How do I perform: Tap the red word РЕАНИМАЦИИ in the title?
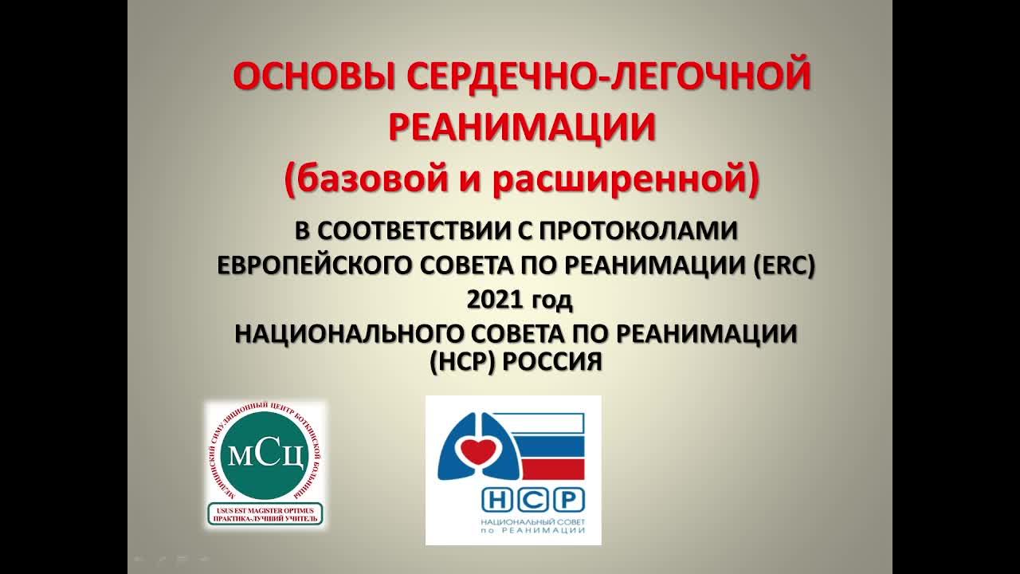[522, 128]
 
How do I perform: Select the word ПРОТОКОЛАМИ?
[641, 230]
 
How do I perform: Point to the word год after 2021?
[551, 301]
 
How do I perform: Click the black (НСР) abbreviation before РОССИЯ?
[462, 361]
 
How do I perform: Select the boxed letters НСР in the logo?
[533, 500]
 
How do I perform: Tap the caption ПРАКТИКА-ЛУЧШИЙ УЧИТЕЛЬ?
[265, 518]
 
